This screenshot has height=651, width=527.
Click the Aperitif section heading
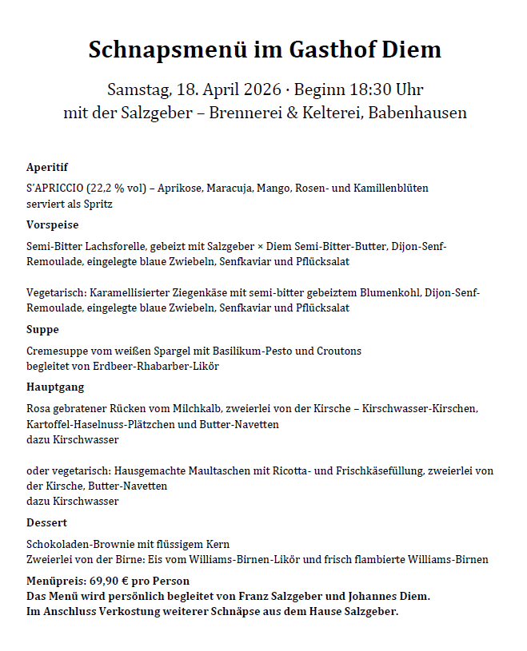pyautogui.click(x=47, y=167)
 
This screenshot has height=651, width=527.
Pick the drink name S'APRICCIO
pyautogui.click(x=54, y=189)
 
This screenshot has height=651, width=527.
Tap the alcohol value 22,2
pyautogui.click(x=101, y=189)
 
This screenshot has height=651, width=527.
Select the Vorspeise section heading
pyautogui.click(x=53, y=225)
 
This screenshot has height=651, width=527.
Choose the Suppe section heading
pyautogui.click(x=42, y=330)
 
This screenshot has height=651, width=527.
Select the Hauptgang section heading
pyautogui.click(x=55, y=387)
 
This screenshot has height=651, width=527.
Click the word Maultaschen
pyautogui.click(x=233, y=471)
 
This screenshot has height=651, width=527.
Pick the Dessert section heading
pyautogui.click(x=47, y=523)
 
